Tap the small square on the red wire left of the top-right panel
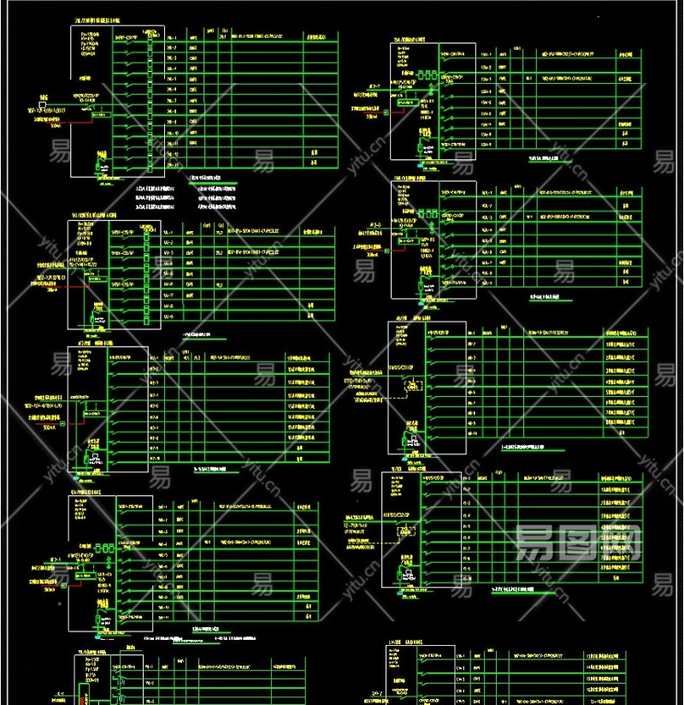(386, 111)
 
